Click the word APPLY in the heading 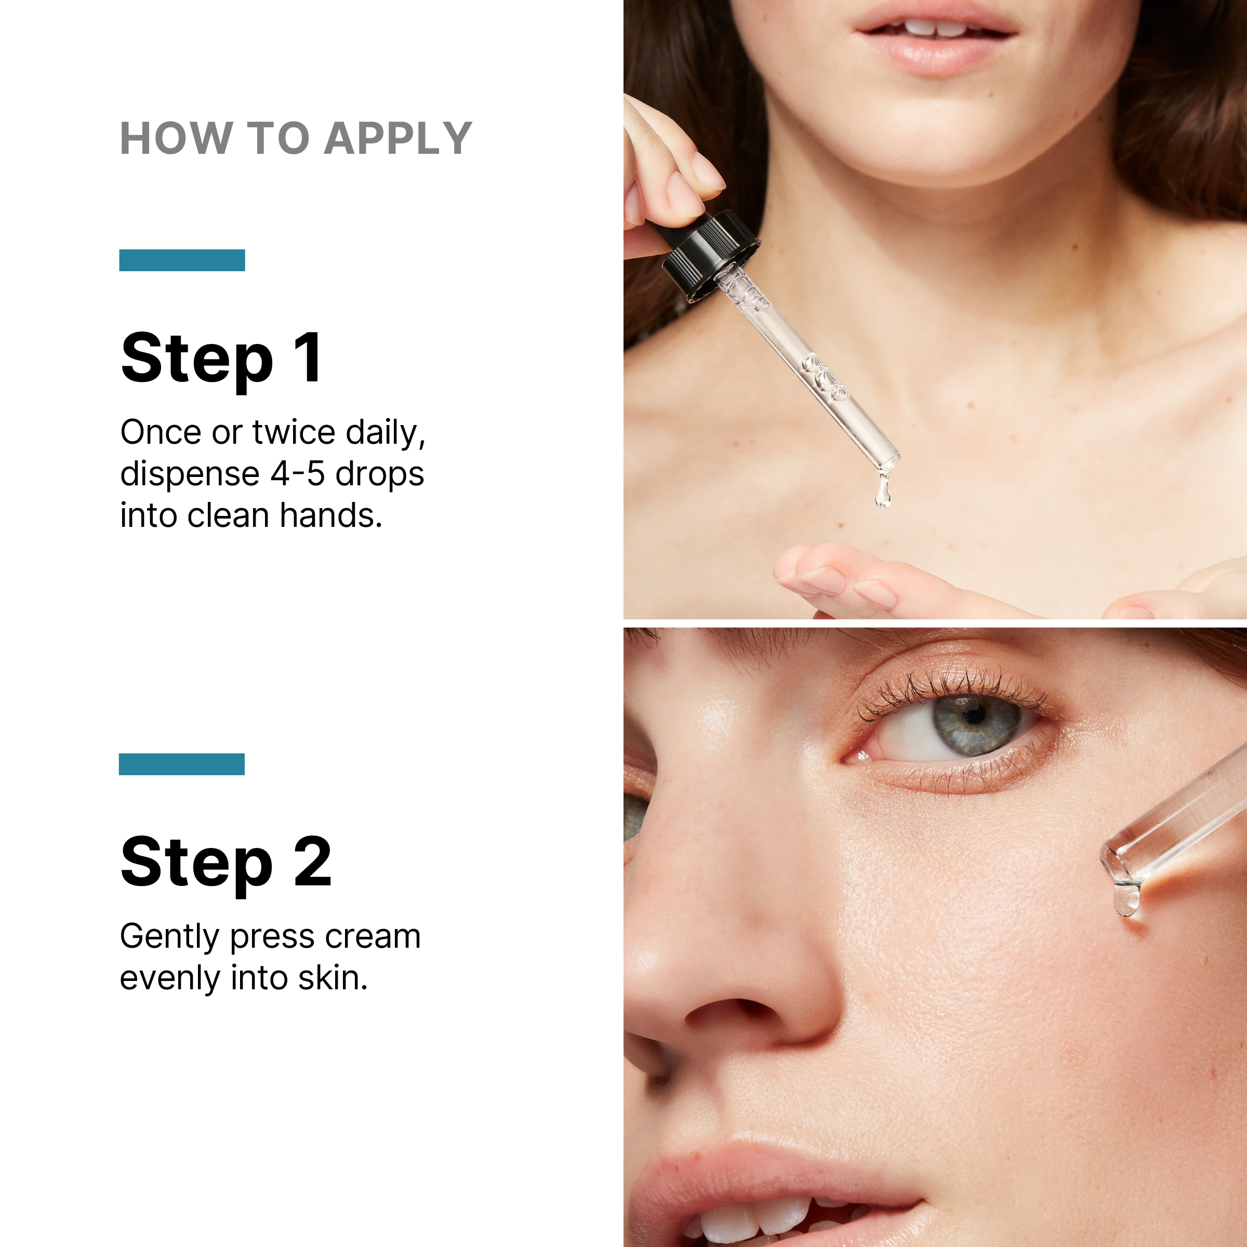click(398, 138)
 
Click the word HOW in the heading click(176, 138)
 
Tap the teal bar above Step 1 click(182, 260)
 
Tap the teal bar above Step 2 click(182, 764)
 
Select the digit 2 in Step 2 click(312, 861)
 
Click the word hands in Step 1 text click(331, 516)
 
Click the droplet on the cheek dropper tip click(1126, 899)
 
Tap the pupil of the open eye click(975, 715)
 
